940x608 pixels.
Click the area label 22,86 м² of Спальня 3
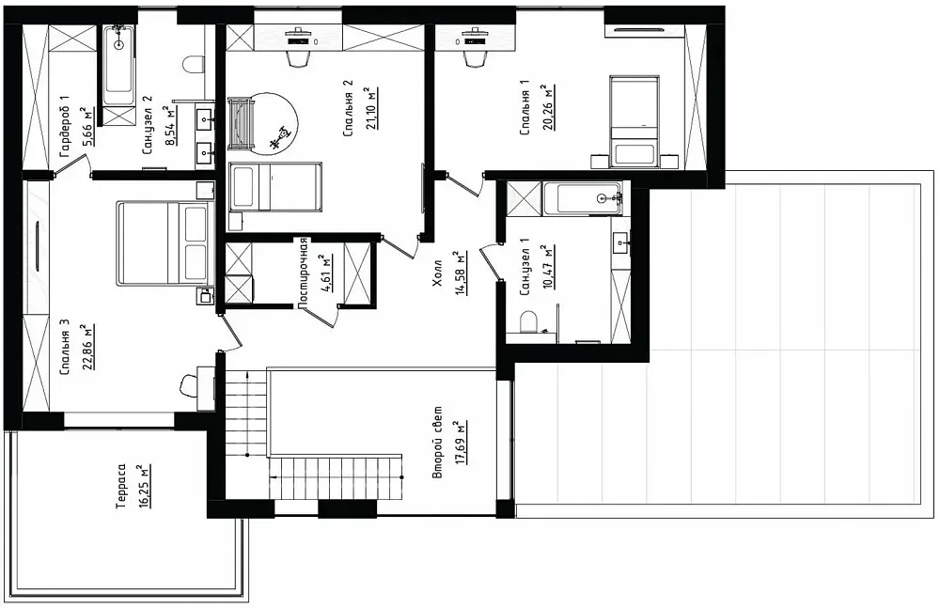88,349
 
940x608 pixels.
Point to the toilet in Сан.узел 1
528,320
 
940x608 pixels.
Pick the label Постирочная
303,273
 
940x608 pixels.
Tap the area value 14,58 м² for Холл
461,273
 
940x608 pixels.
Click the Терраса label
121,486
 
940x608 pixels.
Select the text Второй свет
438,443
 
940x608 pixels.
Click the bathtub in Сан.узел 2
118,66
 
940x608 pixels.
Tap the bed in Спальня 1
634,121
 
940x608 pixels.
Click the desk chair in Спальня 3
190,383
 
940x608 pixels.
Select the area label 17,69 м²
461,443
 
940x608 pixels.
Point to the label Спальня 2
347,108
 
